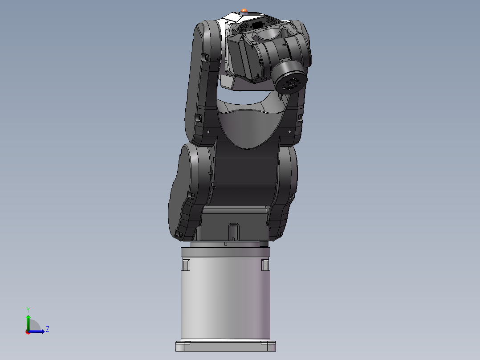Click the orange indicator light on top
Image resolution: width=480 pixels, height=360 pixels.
(244, 10)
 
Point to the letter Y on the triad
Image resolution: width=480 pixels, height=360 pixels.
(28, 309)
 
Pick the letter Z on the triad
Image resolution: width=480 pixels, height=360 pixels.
(47, 329)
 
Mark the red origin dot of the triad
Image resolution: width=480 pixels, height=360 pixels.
(28, 332)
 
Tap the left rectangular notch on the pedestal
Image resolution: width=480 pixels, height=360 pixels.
(186, 265)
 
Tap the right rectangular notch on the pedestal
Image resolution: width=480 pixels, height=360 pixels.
(265, 265)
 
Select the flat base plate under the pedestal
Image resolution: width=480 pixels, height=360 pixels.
(225, 346)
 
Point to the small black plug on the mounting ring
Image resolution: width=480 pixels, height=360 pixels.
(264, 244)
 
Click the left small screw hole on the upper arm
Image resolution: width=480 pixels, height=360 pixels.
(209, 131)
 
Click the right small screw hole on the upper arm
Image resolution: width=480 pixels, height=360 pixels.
(289, 132)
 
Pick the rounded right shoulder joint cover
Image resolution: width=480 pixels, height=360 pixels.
(288, 178)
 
